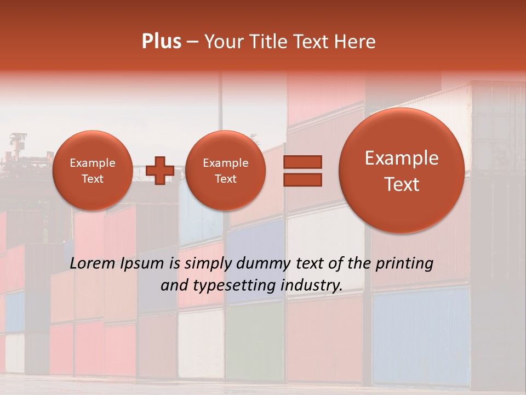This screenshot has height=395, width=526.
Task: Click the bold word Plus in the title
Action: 161,42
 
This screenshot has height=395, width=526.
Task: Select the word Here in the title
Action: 356,42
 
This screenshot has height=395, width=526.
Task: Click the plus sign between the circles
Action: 160,170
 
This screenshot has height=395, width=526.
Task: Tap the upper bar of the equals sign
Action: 302,162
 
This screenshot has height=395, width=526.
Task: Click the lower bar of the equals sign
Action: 302,179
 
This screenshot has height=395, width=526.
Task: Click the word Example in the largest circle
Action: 402,158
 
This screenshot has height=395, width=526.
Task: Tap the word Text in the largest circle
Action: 402,184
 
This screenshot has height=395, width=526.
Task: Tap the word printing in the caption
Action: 405,264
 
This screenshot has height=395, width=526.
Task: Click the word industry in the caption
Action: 314,285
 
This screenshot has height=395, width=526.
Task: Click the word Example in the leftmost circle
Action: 92,163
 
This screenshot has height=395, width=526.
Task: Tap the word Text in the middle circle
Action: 225,179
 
